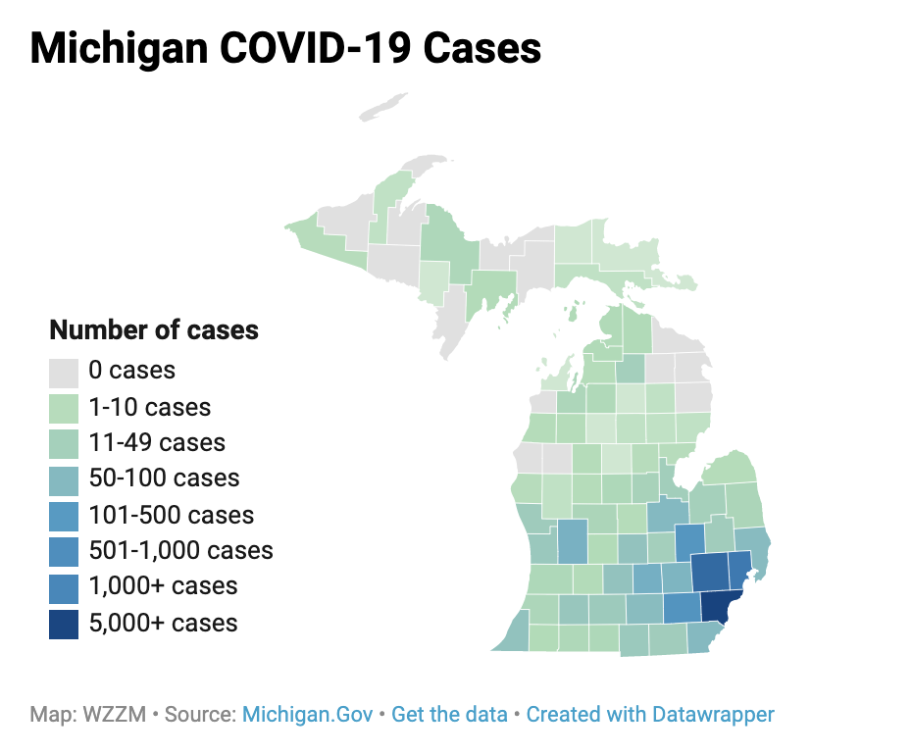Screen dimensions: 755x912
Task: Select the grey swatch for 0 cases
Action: coord(64,373)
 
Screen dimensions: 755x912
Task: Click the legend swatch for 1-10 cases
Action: coord(64,408)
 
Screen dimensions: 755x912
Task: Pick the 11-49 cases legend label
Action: coord(156,443)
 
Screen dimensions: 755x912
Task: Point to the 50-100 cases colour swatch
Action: coord(64,479)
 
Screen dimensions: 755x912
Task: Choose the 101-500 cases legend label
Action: coord(171,515)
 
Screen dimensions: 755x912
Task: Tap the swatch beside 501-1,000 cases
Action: coord(64,551)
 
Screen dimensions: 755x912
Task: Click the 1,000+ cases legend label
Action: coord(163,586)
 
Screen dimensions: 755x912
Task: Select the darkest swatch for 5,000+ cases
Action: coord(64,623)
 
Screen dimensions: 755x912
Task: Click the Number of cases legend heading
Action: coord(154,330)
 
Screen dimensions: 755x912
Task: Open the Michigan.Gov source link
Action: coord(307,715)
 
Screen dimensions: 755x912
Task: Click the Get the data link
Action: coord(449,715)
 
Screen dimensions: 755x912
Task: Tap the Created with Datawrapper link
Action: coord(650,715)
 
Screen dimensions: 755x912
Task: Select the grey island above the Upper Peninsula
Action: coord(382,107)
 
